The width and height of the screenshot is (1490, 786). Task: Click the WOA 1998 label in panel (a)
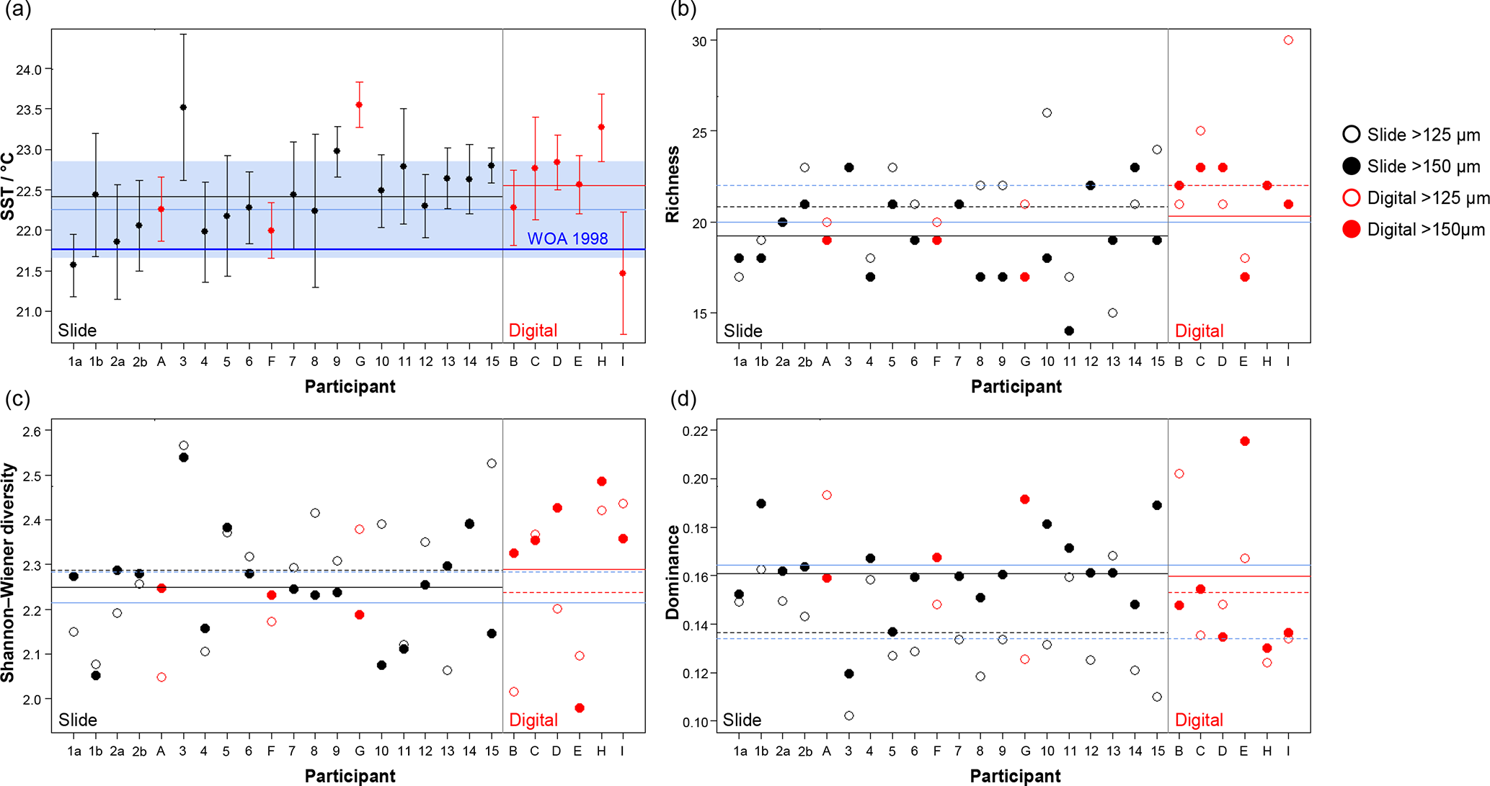tap(567, 238)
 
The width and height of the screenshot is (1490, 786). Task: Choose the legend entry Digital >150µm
tap(1413, 230)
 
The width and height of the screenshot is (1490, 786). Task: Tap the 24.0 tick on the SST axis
tap(29, 70)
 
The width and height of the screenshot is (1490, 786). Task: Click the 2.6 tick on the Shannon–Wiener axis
tap(32, 431)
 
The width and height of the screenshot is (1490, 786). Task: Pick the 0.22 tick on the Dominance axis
tap(695, 431)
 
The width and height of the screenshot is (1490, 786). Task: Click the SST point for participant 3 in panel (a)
tap(183, 107)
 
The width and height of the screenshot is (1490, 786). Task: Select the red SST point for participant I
tap(623, 273)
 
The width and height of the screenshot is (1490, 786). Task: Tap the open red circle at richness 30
tap(1288, 40)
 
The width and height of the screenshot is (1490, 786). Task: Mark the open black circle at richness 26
tap(1047, 113)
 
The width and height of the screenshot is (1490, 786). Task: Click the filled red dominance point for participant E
tap(1245, 441)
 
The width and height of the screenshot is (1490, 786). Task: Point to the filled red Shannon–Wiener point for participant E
tap(580, 708)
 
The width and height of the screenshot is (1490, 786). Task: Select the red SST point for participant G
tap(359, 105)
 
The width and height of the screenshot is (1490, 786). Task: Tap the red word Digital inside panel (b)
tap(1199, 331)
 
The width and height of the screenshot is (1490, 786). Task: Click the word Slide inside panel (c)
tap(77, 720)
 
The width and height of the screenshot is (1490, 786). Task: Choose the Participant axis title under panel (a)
tap(350, 387)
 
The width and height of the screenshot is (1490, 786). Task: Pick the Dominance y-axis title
tap(673, 573)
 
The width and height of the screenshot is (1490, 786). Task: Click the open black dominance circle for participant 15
tap(1157, 697)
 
